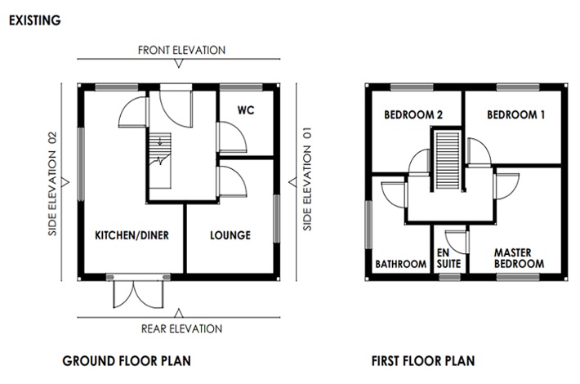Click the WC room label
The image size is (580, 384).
tap(246, 109)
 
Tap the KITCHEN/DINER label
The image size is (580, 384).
tap(132, 235)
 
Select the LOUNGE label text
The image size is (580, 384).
tap(230, 235)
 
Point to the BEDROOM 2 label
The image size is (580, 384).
tap(413, 114)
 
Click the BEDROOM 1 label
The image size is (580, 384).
tap(516, 114)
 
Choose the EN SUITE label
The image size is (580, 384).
tap(448, 258)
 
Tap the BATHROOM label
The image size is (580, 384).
tap(400, 264)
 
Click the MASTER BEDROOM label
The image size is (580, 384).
tap(519, 258)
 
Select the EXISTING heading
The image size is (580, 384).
tap(35, 20)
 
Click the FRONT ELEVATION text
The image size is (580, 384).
tap(181, 50)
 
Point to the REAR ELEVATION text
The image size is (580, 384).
tap(181, 328)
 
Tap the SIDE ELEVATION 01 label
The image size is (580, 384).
tap(307, 179)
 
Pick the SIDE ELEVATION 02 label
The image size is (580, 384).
tap(52, 184)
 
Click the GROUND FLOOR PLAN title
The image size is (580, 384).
tap(127, 360)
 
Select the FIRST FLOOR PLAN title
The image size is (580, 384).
tap(423, 360)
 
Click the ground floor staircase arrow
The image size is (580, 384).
tap(160, 141)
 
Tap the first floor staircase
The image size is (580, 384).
tap(448, 160)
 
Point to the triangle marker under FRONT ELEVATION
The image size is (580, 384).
tap(179, 64)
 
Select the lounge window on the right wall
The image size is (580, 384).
tap(276, 219)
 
